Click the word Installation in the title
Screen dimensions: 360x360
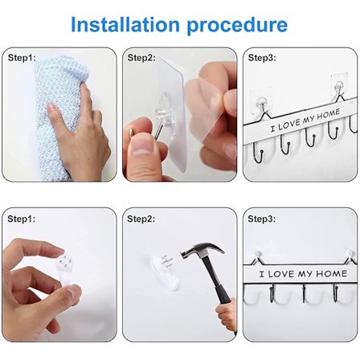pyautogui.click(x=125, y=24)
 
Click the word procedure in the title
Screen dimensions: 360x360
pyautogui.click(x=237, y=27)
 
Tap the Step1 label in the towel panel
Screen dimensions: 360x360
pyautogui.click(x=22, y=58)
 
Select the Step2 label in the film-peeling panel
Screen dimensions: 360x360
pyautogui.click(x=141, y=58)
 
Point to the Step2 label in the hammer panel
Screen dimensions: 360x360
pyautogui.click(x=141, y=219)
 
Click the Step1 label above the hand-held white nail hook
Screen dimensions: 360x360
pyautogui.click(x=21, y=219)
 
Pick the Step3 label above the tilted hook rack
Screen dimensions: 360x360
pyautogui.click(x=262, y=58)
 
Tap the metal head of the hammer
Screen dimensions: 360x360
pyautogui.click(x=202, y=252)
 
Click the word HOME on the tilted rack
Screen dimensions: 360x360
pyautogui.click(x=329, y=116)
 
